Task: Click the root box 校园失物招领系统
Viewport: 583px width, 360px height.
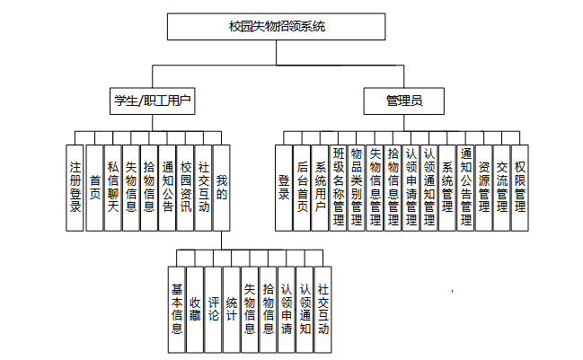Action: coord(277,27)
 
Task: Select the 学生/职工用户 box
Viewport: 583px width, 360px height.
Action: coord(152,101)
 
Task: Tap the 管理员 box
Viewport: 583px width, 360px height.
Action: coord(403,101)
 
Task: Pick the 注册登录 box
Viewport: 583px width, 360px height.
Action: coord(76,187)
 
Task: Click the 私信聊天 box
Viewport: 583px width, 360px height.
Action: coord(113,187)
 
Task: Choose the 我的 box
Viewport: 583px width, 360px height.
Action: coord(222,187)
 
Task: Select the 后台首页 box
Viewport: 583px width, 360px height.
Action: coord(303,187)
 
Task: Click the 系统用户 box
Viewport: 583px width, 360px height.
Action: coord(321,187)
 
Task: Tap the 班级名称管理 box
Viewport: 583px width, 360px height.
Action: coord(339,187)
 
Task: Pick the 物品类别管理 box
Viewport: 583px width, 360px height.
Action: coord(357,187)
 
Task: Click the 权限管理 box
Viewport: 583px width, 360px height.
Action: coord(520,187)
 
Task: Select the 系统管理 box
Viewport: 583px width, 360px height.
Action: coord(447,187)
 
